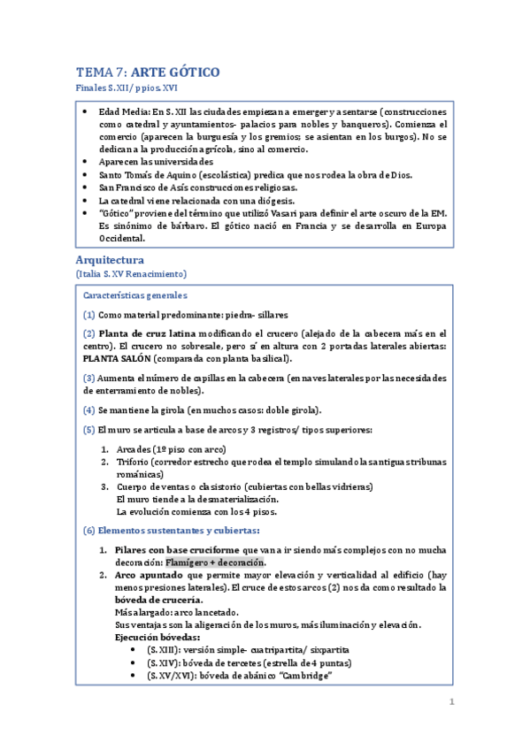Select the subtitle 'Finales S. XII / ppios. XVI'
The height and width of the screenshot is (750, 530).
tap(127, 89)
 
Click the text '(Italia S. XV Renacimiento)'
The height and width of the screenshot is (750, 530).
tap(132, 275)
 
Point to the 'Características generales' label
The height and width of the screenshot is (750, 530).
tap(134, 295)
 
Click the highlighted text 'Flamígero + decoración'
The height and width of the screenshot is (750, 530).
tap(216, 562)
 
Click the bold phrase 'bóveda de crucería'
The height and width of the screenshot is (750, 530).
tap(162, 601)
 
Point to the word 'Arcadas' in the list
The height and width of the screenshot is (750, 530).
tap(134, 449)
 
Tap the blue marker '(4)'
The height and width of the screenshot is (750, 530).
tap(89, 410)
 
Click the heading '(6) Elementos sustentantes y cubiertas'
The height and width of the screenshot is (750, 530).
tap(172, 531)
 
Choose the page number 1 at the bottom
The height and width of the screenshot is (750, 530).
tap(451, 703)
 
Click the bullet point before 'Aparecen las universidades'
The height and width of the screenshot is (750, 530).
tap(84, 163)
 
